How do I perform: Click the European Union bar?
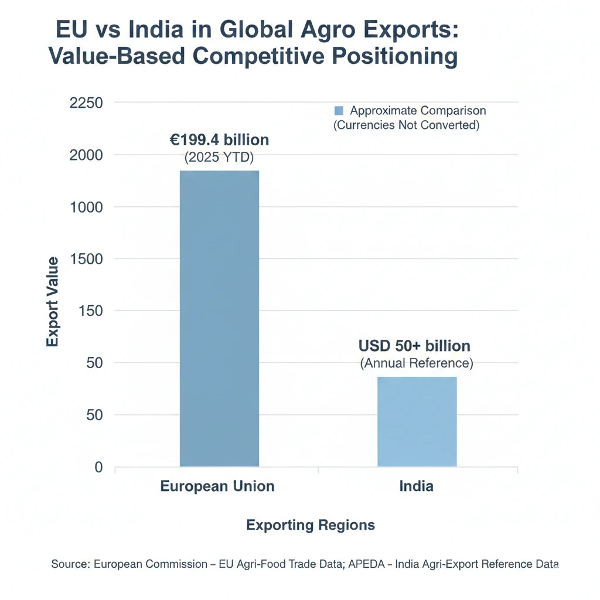pyautogui.click(x=219, y=319)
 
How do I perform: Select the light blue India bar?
pyautogui.click(x=417, y=422)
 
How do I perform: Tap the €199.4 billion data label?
pyautogui.click(x=219, y=140)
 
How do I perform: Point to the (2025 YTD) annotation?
pyautogui.click(x=219, y=158)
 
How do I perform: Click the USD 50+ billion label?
pyautogui.click(x=414, y=346)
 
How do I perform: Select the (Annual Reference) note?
pyautogui.click(x=416, y=363)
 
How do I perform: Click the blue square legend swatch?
pyautogui.click(x=338, y=111)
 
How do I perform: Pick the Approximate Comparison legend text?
pyautogui.click(x=418, y=111)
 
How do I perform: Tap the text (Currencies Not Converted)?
pyautogui.click(x=406, y=125)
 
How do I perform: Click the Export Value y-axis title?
pyautogui.click(x=53, y=301)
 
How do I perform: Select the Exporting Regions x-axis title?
pyautogui.click(x=311, y=524)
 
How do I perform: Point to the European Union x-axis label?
pyautogui.click(x=217, y=486)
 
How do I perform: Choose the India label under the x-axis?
pyautogui.click(x=417, y=486)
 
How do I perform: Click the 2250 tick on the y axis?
pyautogui.click(x=86, y=103)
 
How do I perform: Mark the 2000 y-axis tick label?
pyautogui.click(x=86, y=155)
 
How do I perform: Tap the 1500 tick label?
pyautogui.click(x=86, y=259)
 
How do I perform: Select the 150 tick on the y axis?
pyautogui.click(x=91, y=311)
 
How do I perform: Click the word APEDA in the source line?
pyautogui.click(x=368, y=564)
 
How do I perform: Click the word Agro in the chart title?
pyautogui.click(x=295, y=30)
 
